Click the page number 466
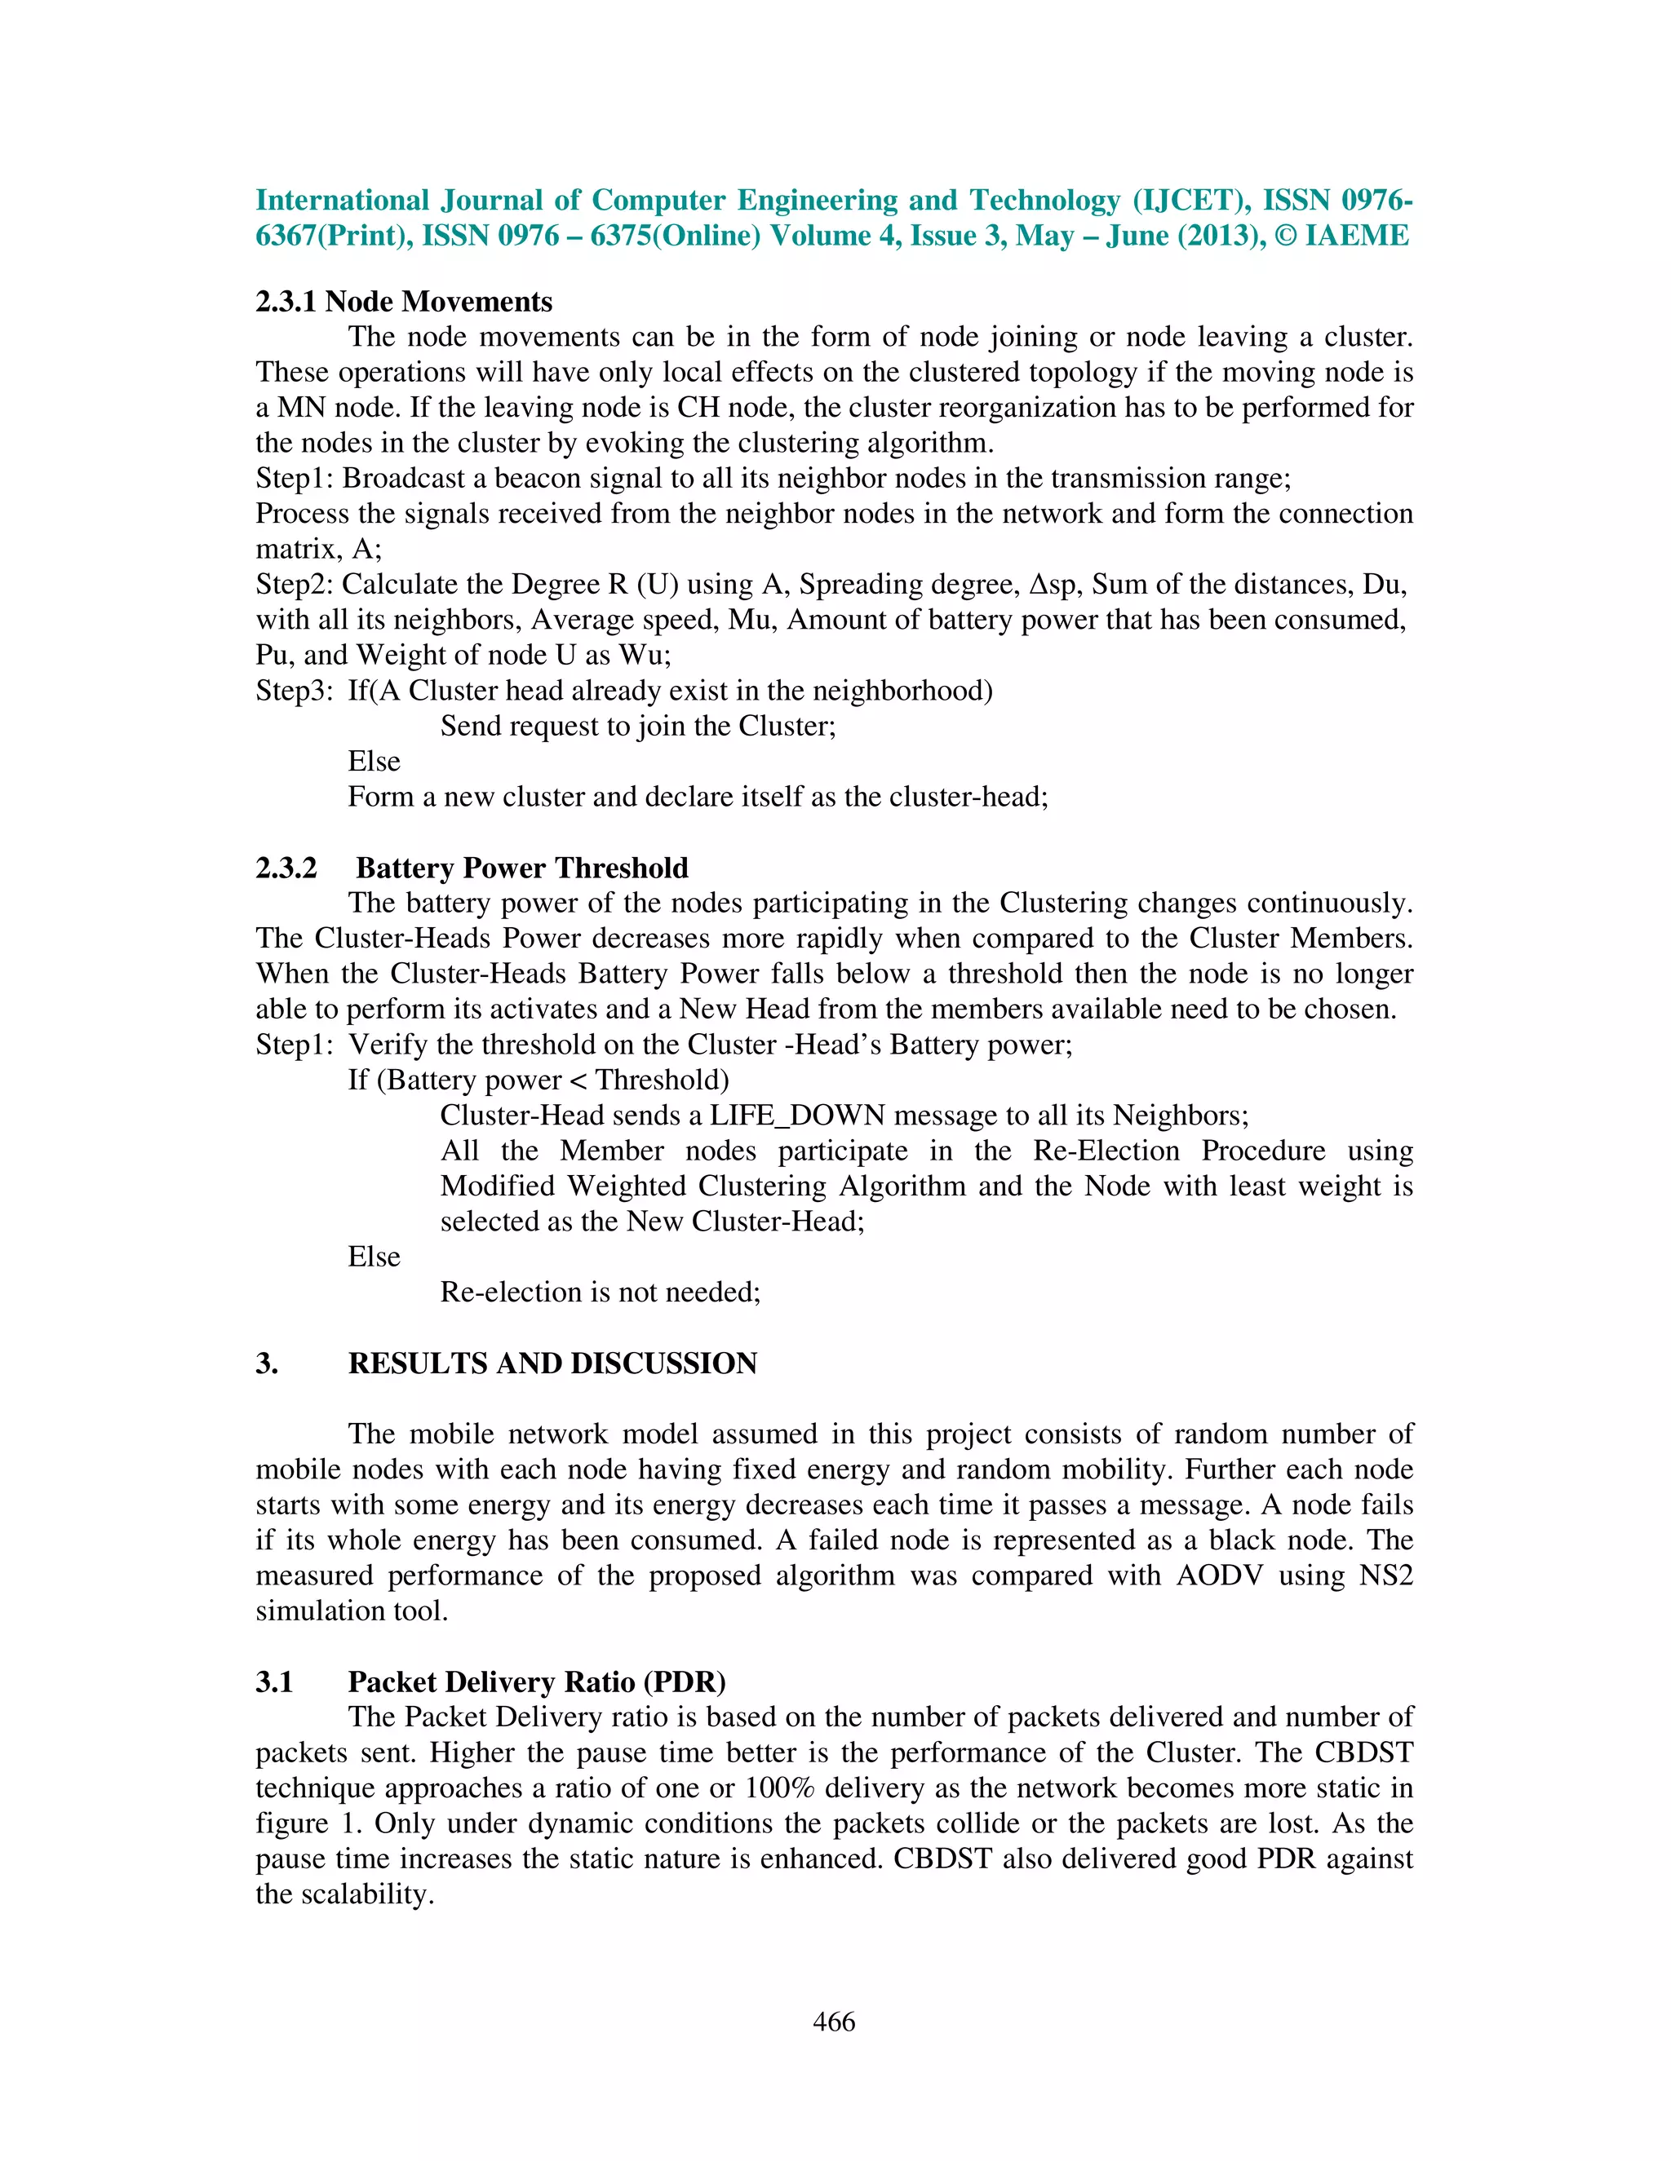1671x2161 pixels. pos(834,2022)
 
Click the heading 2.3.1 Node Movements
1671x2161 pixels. pos(404,302)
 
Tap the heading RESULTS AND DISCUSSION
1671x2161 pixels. pos(552,1363)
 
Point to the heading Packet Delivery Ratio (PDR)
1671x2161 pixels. pos(537,1682)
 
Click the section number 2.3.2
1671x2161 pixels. pos(286,868)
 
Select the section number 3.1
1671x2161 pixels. pos(274,1682)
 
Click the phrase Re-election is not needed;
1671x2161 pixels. pos(600,1293)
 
